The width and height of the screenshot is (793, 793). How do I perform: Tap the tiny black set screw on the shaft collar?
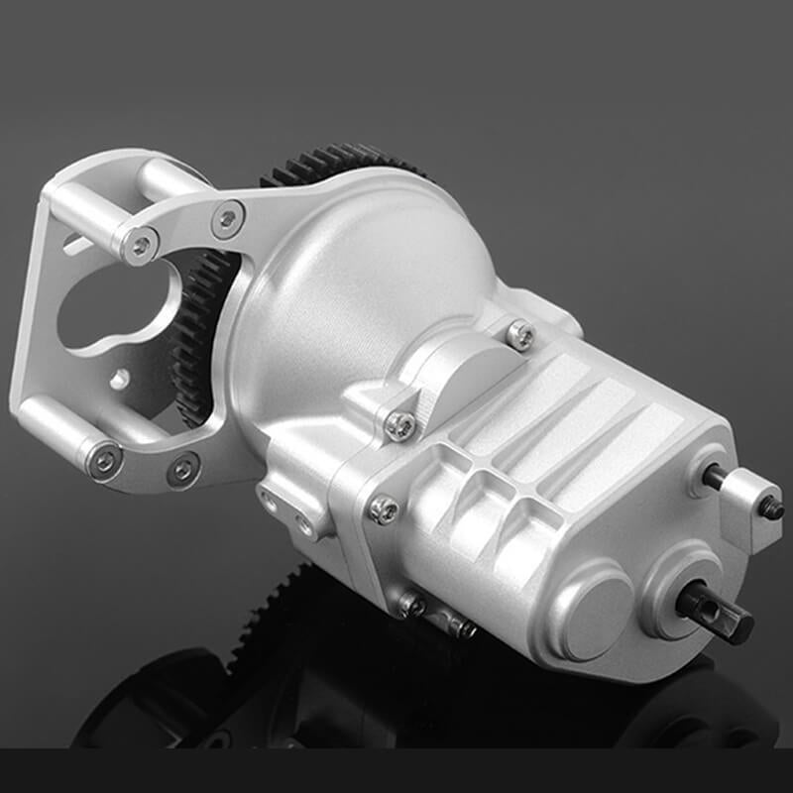771,509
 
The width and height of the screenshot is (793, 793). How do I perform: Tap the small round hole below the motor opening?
119,378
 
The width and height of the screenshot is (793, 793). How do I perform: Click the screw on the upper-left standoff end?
141,244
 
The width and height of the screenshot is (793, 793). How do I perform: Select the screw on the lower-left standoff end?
102,460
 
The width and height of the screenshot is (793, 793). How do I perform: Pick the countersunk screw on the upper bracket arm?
227,219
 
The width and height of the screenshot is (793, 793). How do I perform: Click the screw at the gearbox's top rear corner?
519,335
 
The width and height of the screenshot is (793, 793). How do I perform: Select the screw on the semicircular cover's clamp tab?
399,424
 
